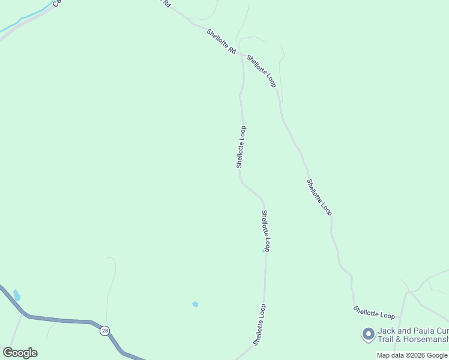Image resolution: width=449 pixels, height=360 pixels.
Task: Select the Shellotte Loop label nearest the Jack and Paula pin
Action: pyautogui.click(x=374, y=313)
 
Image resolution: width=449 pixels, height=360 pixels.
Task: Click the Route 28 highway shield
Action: pyautogui.click(x=105, y=331)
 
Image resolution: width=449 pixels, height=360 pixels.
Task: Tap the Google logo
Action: pyautogui.click(x=20, y=353)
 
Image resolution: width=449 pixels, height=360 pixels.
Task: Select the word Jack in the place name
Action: pyautogui.click(x=386, y=331)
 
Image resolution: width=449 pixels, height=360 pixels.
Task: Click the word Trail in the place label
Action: pyautogui.click(x=387, y=340)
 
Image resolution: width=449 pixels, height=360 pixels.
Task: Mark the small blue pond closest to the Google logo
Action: pyautogui.click(x=17, y=295)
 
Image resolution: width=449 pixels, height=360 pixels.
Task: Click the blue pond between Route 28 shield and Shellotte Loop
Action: pyautogui.click(x=195, y=304)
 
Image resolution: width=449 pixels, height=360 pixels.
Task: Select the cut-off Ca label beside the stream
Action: pyautogui.click(x=57, y=3)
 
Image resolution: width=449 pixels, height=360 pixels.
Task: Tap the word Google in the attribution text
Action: pyautogui.click(x=438, y=355)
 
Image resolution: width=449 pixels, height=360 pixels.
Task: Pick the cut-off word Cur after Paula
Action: pyautogui.click(x=442, y=331)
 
